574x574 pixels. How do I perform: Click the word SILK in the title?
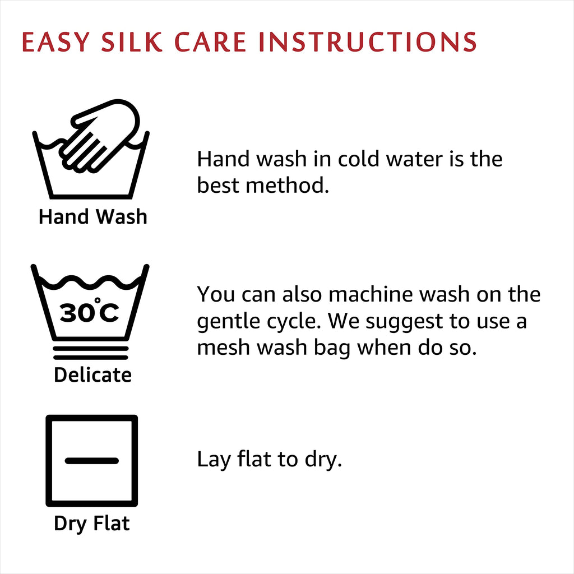click(132, 41)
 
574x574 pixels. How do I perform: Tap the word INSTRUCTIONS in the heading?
click(367, 41)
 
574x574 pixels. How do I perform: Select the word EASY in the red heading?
click(55, 41)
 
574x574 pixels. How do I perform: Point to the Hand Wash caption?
click(93, 216)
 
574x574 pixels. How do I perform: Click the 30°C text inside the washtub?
click(89, 311)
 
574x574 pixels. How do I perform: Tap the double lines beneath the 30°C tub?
click(90, 353)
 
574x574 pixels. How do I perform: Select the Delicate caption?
click(92, 375)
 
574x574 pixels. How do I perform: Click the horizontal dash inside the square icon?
click(92, 461)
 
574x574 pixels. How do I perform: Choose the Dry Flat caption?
click(91, 524)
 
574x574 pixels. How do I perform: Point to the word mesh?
click(223, 347)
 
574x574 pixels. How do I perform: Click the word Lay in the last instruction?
click(214, 460)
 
